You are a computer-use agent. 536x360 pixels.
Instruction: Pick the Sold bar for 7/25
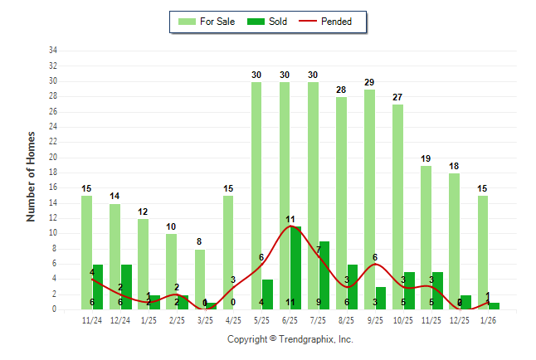(324, 275)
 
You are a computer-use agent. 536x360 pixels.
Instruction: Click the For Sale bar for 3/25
(200, 279)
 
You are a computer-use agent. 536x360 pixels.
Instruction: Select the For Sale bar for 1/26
(482, 252)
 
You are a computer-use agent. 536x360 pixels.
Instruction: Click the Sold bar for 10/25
(409, 290)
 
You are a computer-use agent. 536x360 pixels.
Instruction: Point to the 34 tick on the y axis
(52, 51)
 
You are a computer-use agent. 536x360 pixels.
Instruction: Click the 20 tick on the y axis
(52, 158)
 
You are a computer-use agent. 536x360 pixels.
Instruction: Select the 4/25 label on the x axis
(233, 321)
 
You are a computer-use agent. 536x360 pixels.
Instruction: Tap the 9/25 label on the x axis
(374, 321)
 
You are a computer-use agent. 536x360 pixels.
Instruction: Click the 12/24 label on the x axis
(120, 321)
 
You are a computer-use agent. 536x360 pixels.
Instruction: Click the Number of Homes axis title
(32, 176)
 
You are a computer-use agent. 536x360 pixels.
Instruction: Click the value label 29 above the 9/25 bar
(369, 83)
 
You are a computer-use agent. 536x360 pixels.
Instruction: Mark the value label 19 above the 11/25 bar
(426, 158)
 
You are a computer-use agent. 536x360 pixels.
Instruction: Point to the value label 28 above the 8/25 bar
(341, 90)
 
